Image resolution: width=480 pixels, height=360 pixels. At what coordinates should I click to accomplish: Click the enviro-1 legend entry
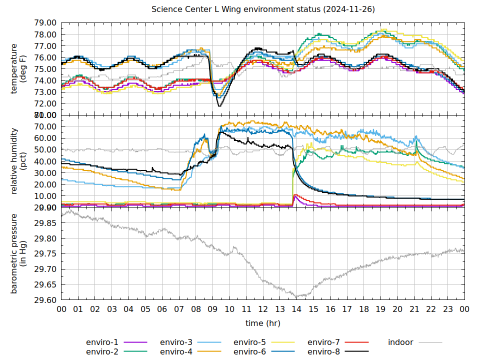pos(102,342)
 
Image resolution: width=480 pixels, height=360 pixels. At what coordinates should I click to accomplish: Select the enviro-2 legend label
pos(102,352)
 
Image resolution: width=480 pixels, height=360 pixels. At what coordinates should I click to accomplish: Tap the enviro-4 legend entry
pos(176,352)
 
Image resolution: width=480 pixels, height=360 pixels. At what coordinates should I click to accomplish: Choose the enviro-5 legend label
pos(250,342)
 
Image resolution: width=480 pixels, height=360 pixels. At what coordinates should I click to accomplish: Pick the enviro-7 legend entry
pos(323,342)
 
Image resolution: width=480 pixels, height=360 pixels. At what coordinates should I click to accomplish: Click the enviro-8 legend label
pos(323,352)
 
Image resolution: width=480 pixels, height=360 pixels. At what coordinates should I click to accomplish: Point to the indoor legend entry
pos(400,342)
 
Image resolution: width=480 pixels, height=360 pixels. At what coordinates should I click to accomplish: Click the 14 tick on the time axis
pos(296,309)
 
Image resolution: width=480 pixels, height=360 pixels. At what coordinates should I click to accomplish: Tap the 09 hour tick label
pos(212,309)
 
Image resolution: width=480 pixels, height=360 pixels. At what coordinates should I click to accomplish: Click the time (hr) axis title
pos(262,323)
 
